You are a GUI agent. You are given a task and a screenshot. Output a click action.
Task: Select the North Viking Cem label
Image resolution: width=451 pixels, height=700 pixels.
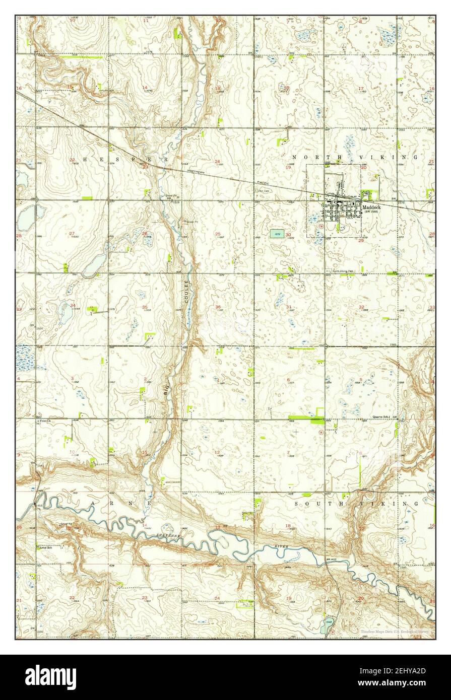point(342,271)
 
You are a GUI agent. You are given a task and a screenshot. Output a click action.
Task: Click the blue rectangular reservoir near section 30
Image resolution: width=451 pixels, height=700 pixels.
point(276,233)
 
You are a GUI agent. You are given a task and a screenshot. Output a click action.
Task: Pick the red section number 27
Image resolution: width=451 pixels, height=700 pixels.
point(72,233)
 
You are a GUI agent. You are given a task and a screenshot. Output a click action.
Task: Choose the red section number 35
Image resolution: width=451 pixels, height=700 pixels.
point(145,307)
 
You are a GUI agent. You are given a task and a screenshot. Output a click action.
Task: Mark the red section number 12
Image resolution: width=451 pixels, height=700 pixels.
point(217,452)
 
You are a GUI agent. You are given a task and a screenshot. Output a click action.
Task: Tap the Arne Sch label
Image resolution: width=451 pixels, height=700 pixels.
point(46,548)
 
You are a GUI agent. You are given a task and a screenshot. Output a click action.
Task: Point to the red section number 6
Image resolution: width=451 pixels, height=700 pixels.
point(289,380)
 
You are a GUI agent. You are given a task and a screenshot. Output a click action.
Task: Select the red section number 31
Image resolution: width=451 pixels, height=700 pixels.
point(289,307)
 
